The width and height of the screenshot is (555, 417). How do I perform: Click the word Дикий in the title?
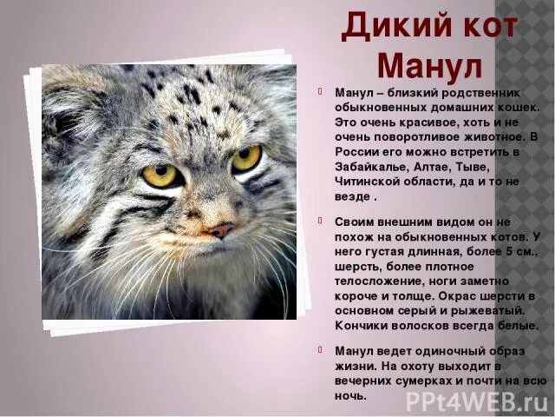point(388,26)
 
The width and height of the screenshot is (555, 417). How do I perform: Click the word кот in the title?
point(482,26)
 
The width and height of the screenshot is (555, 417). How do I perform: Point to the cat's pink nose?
point(221,230)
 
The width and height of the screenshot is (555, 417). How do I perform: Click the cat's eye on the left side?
point(160,175)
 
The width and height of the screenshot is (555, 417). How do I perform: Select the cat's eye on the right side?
point(245,158)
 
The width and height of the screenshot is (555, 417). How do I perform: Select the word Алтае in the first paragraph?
point(422,166)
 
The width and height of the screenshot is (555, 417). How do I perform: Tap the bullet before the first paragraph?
point(317,92)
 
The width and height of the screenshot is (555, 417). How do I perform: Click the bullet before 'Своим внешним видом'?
point(317,222)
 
